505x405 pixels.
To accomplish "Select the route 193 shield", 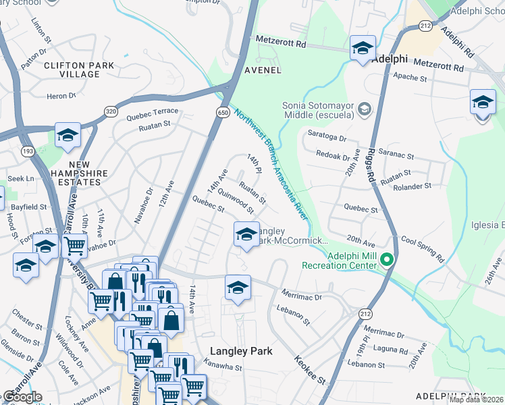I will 27,153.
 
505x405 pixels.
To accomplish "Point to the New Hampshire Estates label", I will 79,169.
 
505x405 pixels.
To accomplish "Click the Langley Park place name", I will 241,351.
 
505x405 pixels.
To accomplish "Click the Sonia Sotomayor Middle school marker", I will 365,108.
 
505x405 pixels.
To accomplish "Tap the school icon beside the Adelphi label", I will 363,49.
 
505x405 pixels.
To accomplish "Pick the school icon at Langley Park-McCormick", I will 246,236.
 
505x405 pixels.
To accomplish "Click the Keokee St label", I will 310,371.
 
